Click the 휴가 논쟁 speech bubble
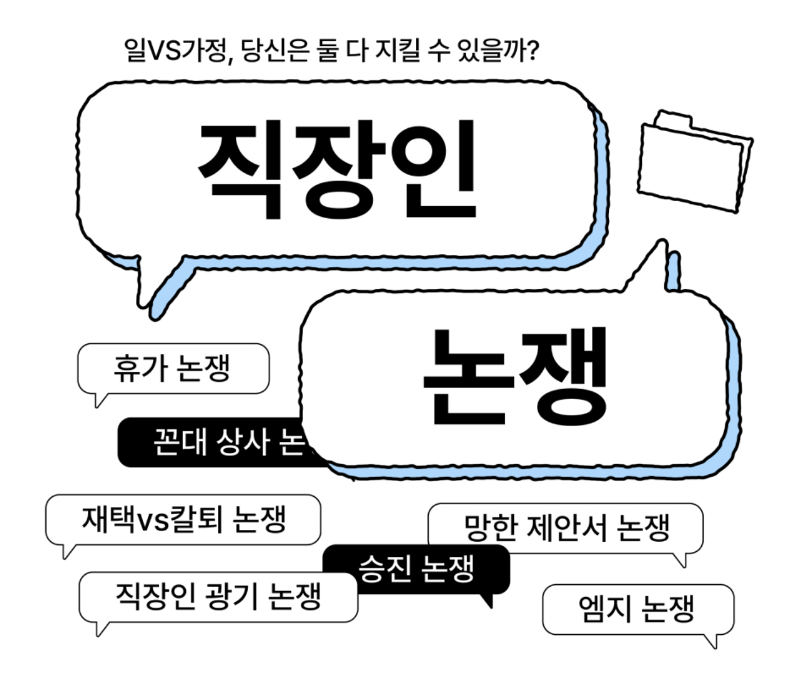pyautogui.click(x=172, y=369)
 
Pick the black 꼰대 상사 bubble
pyautogui.click(x=209, y=443)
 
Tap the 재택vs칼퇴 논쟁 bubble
pyautogui.click(x=183, y=520)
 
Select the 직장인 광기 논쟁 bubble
pyautogui.click(x=218, y=597)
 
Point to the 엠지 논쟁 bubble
pyautogui.click(x=637, y=609)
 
